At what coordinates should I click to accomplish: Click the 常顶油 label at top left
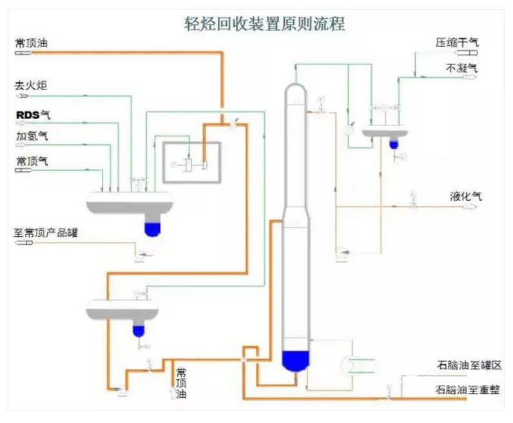pyautogui.click(x=32, y=44)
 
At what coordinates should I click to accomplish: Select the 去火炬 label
pyautogui.click(x=32, y=85)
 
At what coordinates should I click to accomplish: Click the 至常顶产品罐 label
pyautogui.click(x=46, y=233)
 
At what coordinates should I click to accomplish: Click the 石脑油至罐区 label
pyautogui.click(x=469, y=366)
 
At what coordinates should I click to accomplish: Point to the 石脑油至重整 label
pyautogui.click(x=469, y=390)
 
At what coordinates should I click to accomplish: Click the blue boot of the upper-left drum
pyautogui.click(x=152, y=227)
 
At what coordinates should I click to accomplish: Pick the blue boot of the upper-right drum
pyautogui.click(x=394, y=144)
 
